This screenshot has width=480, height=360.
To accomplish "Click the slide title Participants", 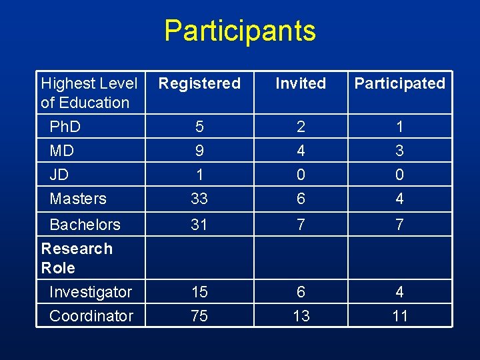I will click(x=240, y=31).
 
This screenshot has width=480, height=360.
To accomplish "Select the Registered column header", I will click(x=199, y=83).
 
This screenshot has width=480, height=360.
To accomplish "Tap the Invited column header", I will click(x=301, y=83).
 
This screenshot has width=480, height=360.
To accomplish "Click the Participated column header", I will click(x=399, y=83).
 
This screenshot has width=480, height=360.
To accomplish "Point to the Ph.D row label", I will click(x=65, y=127).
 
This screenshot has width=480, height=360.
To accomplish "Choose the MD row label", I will click(x=61, y=151).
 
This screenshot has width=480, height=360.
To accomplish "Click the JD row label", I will click(x=59, y=175).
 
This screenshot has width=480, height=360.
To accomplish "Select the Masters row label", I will click(x=78, y=199).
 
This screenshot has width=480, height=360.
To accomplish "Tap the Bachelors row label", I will click(x=85, y=225).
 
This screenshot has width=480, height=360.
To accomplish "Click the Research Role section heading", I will click(x=76, y=258).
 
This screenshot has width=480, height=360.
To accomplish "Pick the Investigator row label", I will click(x=91, y=292).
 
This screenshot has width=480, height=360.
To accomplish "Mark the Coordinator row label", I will click(x=91, y=316).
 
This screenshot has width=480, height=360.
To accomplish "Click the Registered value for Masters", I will click(x=199, y=199).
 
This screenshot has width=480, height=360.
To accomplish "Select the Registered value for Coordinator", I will click(x=199, y=316).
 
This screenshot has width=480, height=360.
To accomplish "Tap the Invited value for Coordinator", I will click(x=301, y=316).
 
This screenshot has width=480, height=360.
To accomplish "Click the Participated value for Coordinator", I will click(x=399, y=316).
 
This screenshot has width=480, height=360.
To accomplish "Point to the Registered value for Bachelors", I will click(x=199, y=225).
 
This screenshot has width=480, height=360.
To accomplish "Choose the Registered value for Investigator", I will click(x=199, y=292).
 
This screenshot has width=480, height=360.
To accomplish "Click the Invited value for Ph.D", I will click(x=301, y=127).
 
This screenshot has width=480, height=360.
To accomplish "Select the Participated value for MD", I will click(x=399, y=151).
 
